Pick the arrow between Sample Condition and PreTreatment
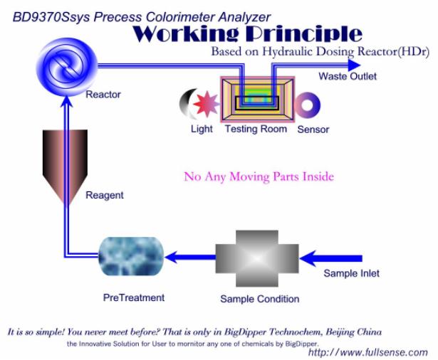pyautogui.click(x=190, y=258)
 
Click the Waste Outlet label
pyautogui.click(x=347, y=77)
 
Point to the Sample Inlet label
pyautogui.click(x=351, y=273)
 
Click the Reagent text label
pyautogui.click(x=104, y=195)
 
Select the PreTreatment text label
pyautogui.click(x=133, y=297)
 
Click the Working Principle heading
pyautogui.click(x=247, y=33)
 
